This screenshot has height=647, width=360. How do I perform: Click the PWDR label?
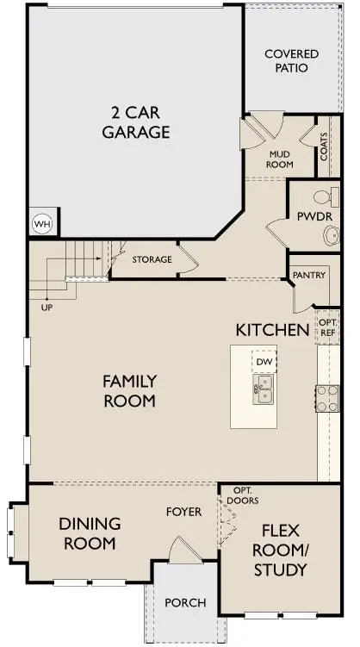click(x=313, y=215)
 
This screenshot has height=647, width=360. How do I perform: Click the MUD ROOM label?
click(x=281, y=156)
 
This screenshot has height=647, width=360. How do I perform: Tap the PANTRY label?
click(x=308, y=276)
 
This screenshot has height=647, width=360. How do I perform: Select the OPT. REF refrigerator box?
click(x=328, y=327)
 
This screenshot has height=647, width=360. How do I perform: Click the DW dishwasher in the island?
click(x=264, y=363)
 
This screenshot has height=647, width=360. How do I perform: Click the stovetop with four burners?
click(x=328, y=397)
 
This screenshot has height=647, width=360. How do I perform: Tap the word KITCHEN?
click(x=272, y=329)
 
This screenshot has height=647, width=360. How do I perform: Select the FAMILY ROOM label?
click(x=129, y=390)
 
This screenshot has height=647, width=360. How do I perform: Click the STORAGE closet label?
click(x=152, y=259)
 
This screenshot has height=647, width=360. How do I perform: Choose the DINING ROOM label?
click(x=89, y=533)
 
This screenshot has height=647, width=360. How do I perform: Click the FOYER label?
click(x=183, y=512)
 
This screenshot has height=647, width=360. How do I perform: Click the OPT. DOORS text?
click(x=244, y=495)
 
